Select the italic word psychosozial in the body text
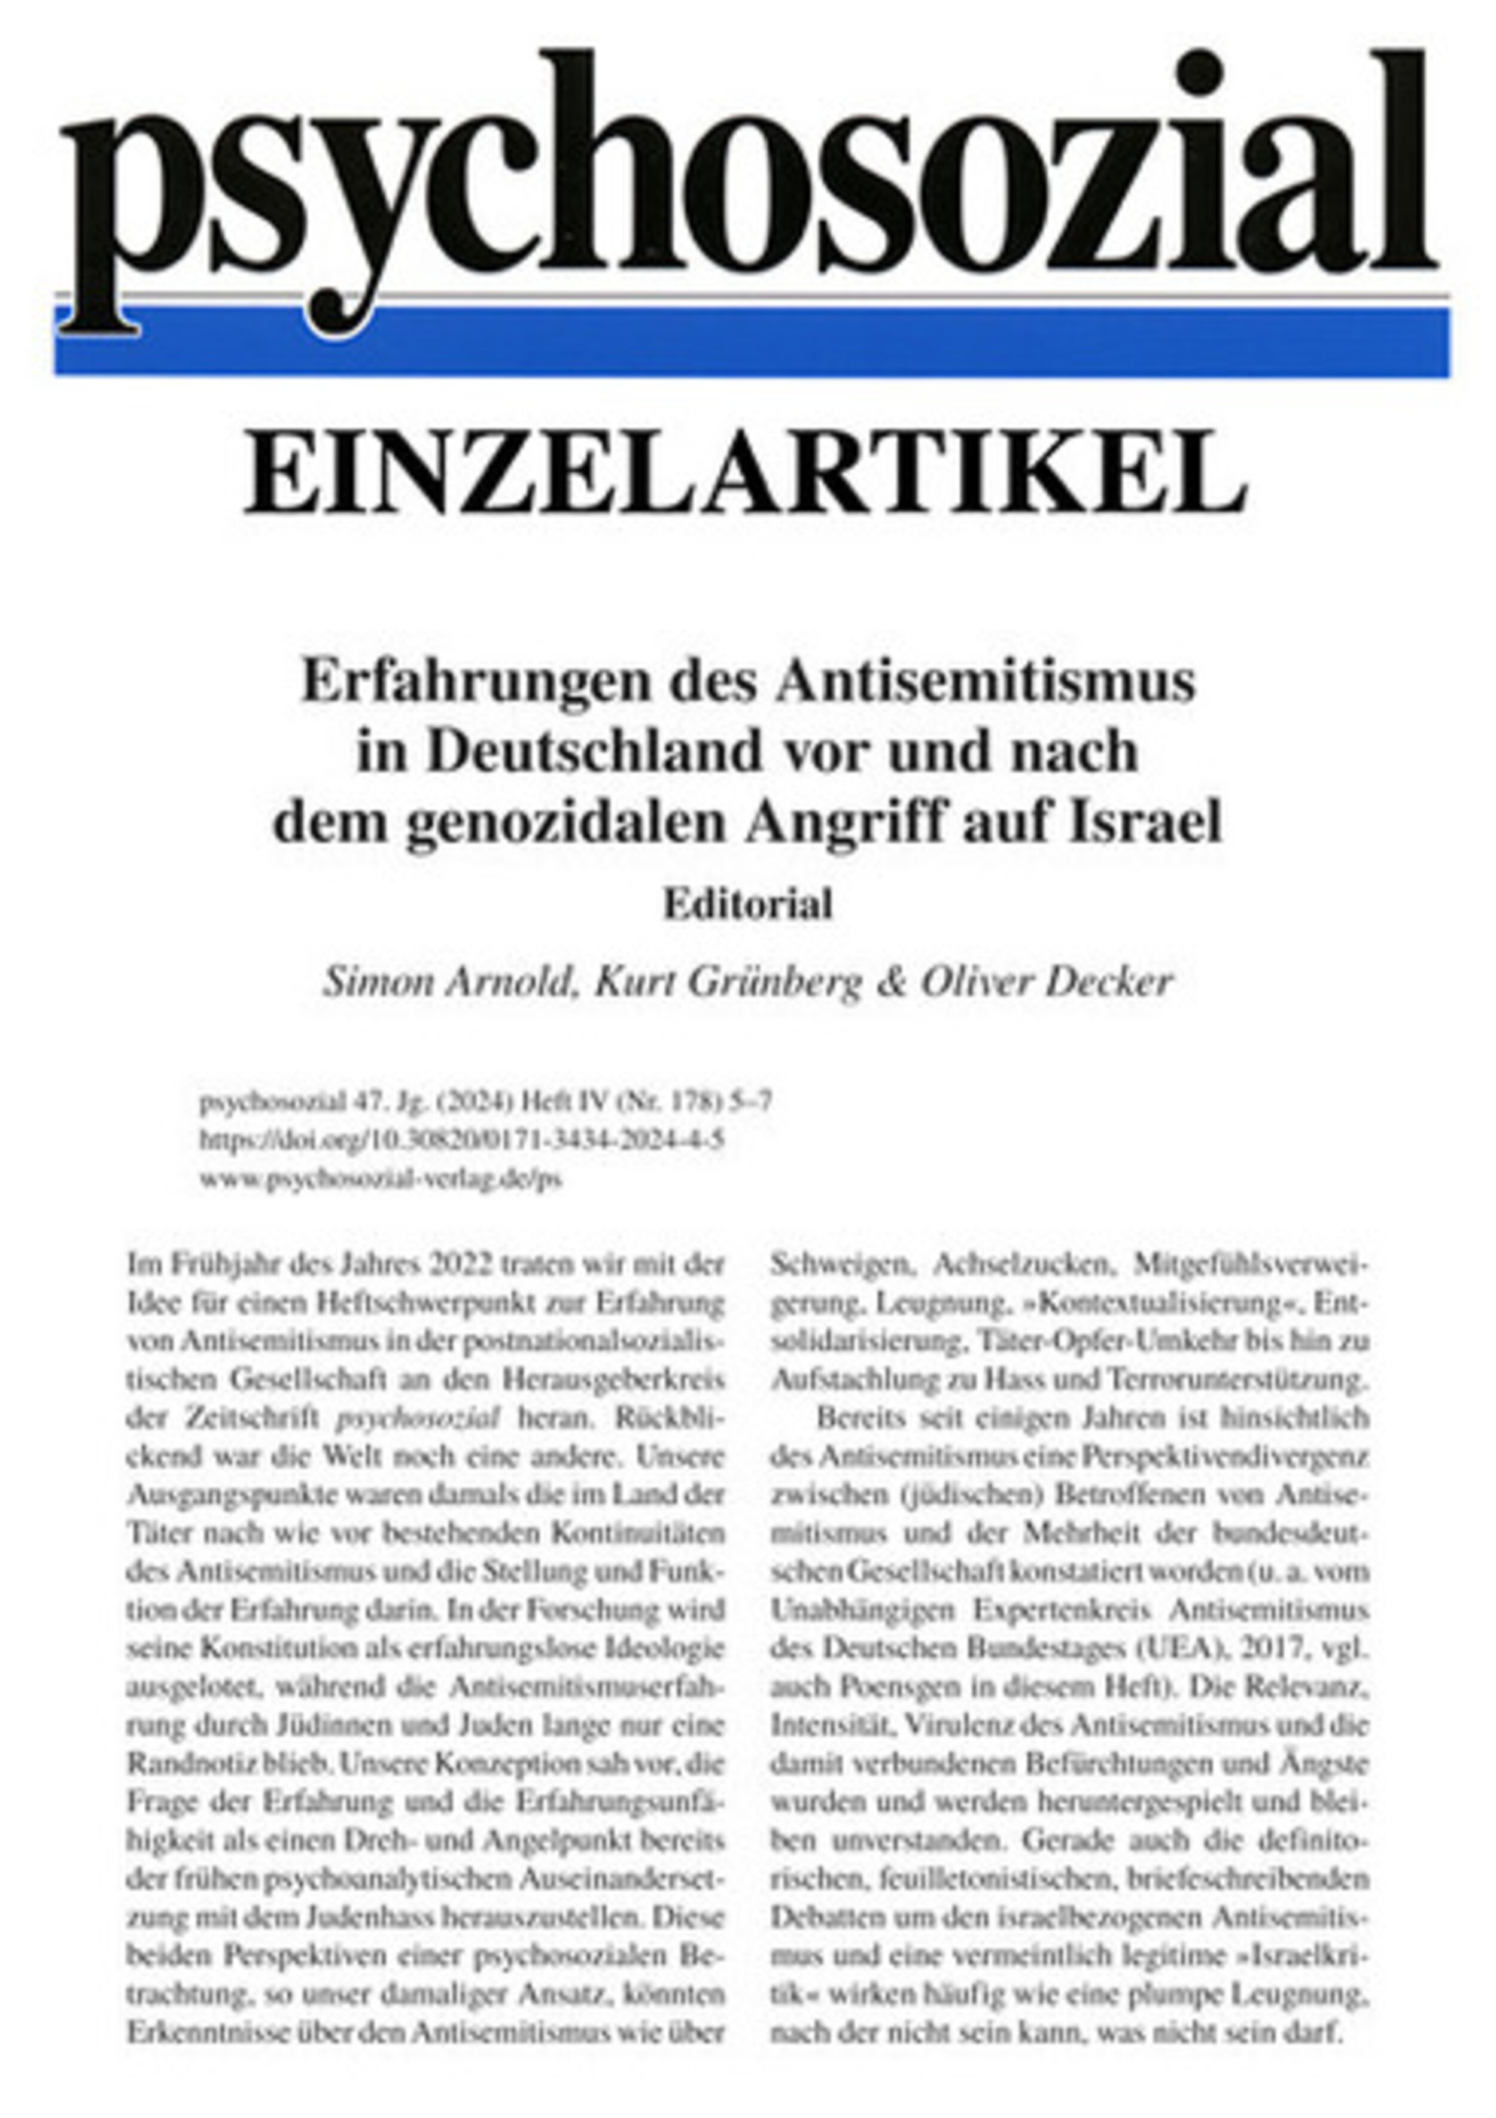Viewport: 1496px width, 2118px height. pos(419,1419)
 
